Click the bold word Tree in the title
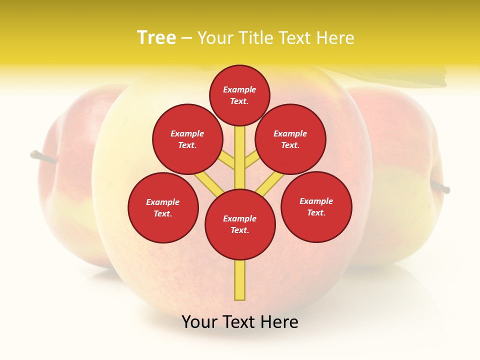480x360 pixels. [156, 38]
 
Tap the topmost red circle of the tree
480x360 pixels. [239, 95]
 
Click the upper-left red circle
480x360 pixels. [187, 139]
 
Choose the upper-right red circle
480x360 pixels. [290, 139]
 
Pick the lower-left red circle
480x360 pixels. [163, 207]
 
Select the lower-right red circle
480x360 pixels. [316, 206]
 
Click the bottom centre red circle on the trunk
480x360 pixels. [240, 224]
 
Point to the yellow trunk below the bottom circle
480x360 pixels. [240, 280]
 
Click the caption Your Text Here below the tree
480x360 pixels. [240, 322]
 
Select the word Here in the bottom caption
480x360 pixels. [280, 322]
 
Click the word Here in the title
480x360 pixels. [336, 38]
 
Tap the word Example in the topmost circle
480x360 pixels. [239, 89]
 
